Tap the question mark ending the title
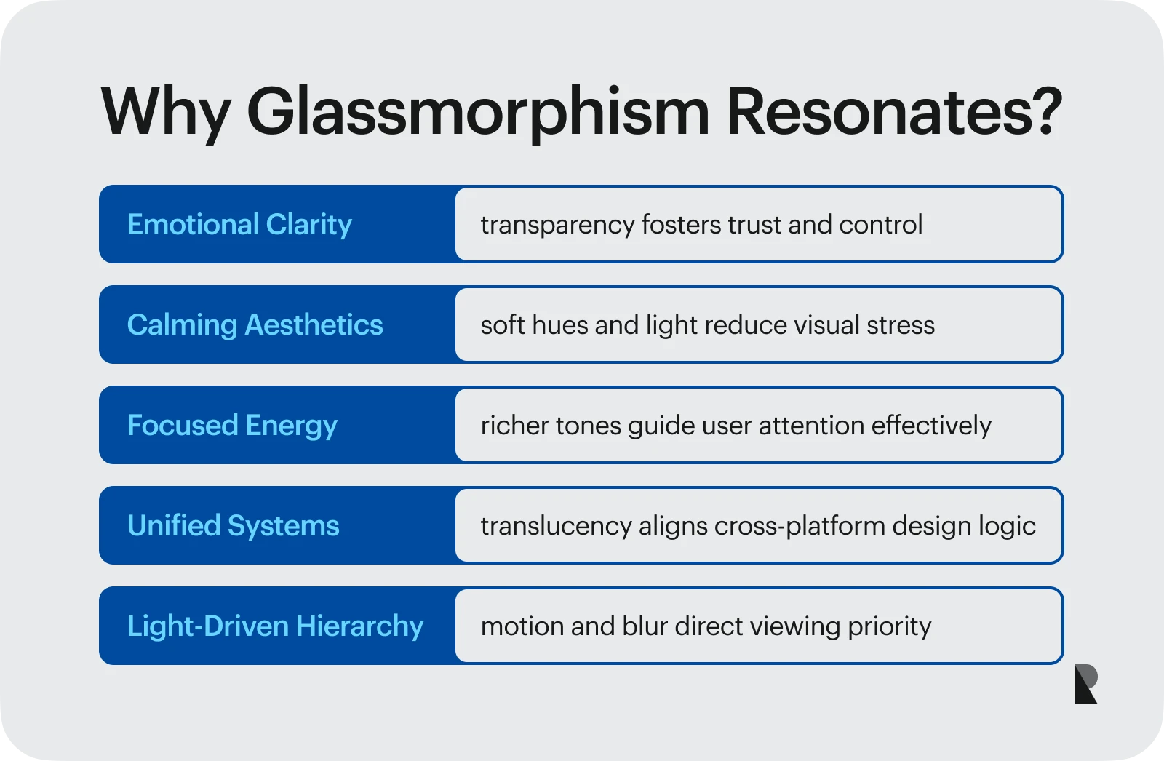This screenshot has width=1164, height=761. (x=1044, y=110)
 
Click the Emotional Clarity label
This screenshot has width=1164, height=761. (x=239, y=225)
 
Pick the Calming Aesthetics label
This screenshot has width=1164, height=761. (x=255, y=325)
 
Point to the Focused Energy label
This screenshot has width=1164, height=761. (x=232, y=426)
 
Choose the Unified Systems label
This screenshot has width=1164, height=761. (x=234, y=525)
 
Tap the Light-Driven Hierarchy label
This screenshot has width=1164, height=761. (x=276, y=626)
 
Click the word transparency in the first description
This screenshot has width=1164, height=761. (x=557, y=226)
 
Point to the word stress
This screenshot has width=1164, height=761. (x=901, y=326)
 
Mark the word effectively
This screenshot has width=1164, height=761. (x=931, y=426)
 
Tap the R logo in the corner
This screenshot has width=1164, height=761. (x=1085, y=684)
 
